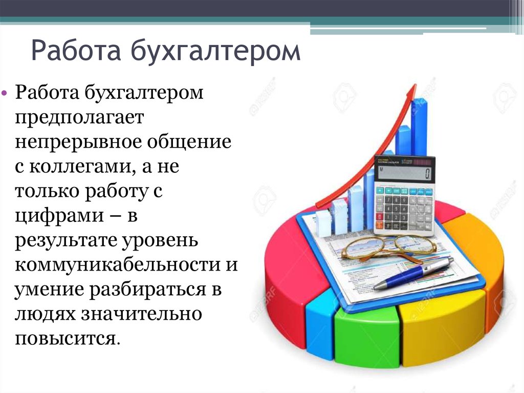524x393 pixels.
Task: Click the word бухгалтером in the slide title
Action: point(215,51)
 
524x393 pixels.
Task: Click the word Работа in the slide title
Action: point(76,50)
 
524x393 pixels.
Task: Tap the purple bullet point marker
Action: point(4,92)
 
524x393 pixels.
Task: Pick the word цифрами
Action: point(59,216)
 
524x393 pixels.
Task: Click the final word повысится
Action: point(67,339)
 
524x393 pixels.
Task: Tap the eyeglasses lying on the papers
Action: point(389,247)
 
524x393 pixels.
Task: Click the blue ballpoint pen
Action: point(413,273)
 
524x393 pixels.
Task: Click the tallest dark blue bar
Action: point(419,127)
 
